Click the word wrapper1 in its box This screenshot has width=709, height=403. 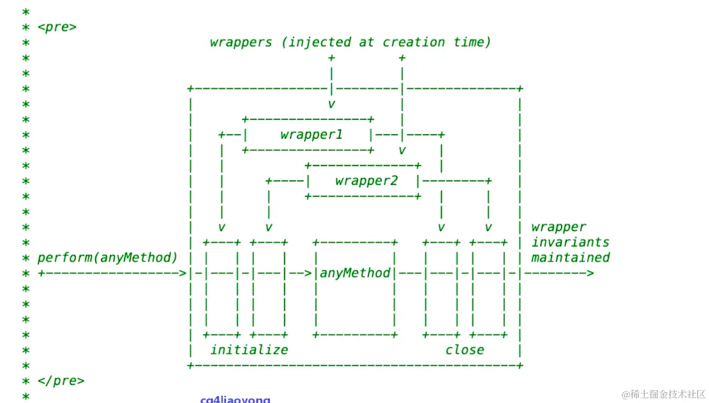pos(311,135)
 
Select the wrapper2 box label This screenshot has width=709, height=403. pos(366,181)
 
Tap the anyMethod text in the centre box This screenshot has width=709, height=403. pos(355,273)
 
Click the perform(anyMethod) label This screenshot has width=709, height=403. pos(107,258)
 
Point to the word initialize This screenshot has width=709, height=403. pos(249,350)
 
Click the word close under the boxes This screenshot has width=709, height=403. pos(464,350)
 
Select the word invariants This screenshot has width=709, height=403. pos(570,243)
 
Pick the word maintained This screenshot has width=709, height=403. pos(570,258)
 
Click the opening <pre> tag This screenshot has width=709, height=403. pos(57,27)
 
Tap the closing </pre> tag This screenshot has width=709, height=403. pos(60,380)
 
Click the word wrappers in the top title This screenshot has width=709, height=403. pos(241,42)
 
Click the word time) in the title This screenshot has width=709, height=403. pos(471,42)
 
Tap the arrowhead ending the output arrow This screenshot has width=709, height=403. pos(590,273)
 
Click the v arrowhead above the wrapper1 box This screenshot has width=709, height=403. pos(331,104)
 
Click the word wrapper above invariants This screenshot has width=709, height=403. pos(559,227)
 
